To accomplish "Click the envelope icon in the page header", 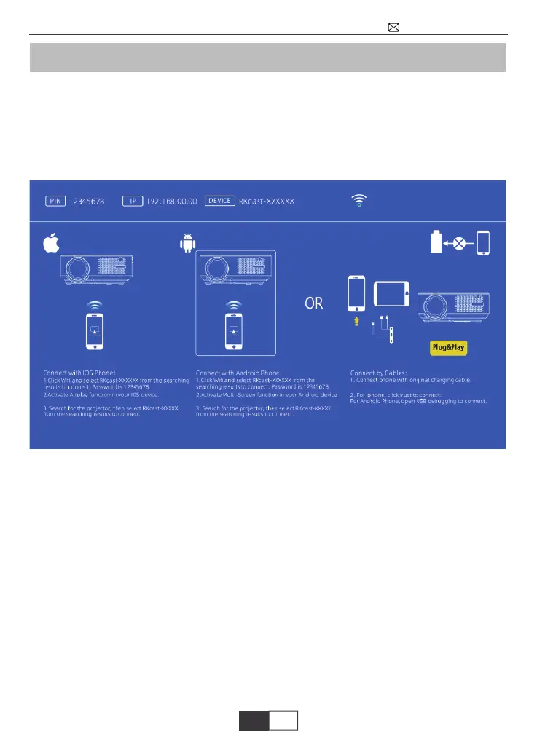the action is (393, 28).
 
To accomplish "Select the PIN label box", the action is (55, 201).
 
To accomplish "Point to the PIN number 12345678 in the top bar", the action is (86, 201).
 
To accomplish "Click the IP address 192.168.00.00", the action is (172, 201).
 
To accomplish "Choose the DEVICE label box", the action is (220, 201).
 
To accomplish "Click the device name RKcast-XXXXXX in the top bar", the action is (267, 201).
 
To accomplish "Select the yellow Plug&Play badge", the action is (447, 347).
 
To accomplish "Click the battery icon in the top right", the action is (437, 242).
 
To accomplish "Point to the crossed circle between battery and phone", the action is (459, 243).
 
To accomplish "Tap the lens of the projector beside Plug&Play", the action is (432, 305).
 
